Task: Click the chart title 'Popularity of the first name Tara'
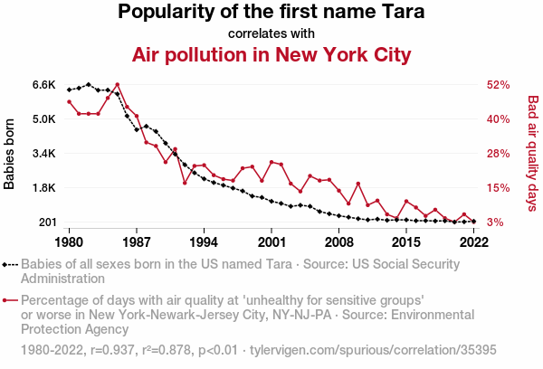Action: point(271,13)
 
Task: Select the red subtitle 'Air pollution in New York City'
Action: point(271,55)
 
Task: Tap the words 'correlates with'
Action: point(271,33)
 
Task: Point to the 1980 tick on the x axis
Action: point(70,241)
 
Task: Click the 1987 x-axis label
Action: point(137,241)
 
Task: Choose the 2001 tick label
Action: point(271,241)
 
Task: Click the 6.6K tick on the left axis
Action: point(44,85)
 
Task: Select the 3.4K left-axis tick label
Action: point(44,154)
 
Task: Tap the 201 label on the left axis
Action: point(47,222)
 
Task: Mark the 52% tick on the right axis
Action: point(500,85)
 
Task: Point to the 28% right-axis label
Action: point(500,154)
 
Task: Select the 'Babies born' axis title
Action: point(10,154)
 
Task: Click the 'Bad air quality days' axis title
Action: point(532,154)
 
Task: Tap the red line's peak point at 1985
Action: point(118,85)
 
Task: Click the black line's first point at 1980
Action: point(70,90)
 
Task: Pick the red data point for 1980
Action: point(70,101)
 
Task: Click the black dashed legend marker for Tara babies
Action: point(11,265)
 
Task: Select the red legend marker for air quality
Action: point(11,300)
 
